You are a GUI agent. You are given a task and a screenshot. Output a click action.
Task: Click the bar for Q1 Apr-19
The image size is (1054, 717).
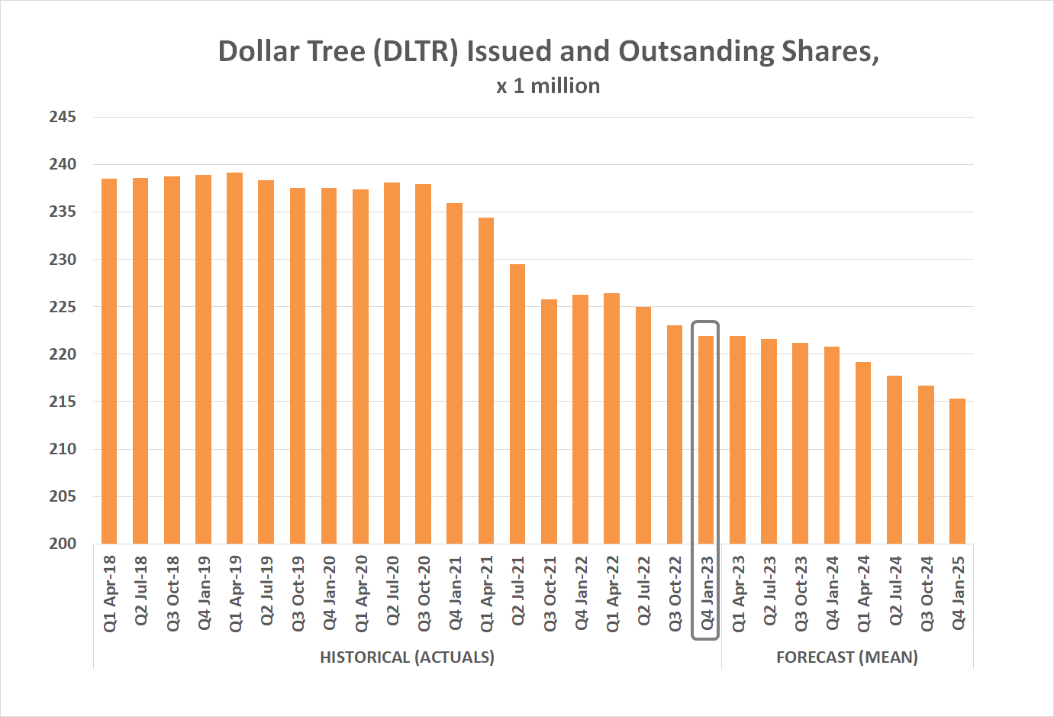click(235, 358)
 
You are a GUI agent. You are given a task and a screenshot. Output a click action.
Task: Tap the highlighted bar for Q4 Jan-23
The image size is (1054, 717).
click(706, 440)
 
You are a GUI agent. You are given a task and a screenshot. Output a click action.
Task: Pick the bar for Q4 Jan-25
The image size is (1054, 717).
click(957, 471)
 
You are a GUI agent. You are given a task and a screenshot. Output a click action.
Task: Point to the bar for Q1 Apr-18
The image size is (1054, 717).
click(109, 361)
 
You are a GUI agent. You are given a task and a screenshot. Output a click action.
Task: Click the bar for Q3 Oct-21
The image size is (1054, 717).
click(549, 421)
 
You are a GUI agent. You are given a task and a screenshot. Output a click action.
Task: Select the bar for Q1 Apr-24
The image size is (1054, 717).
click(863, 453)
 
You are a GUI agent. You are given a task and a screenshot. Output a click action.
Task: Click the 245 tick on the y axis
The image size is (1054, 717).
click(63, 117)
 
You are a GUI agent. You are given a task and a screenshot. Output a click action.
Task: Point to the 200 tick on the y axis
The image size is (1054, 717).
click(63, 544)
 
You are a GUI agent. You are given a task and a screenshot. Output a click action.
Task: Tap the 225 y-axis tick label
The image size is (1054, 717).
click(63, 307)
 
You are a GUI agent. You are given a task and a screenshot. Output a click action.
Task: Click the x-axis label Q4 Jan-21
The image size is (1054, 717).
click(456, 593)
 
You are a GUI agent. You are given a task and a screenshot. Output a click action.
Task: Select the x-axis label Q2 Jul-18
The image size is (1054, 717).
click(141, 593)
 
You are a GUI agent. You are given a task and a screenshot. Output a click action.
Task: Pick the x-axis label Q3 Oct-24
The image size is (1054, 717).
click(927, 593)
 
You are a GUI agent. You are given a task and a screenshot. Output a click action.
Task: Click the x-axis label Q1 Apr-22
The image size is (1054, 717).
click(612, 593)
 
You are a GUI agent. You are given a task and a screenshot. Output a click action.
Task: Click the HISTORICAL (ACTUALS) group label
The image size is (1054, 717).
click(407, 657)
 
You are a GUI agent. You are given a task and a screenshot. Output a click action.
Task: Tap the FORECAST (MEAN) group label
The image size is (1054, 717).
click(846, 657)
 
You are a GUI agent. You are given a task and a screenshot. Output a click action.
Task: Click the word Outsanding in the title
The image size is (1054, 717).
click(696, 51)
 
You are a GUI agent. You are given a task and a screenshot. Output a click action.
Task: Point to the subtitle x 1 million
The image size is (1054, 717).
click(548, 86)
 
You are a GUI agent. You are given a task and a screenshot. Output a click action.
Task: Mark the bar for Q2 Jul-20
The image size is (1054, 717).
click(392, 363)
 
